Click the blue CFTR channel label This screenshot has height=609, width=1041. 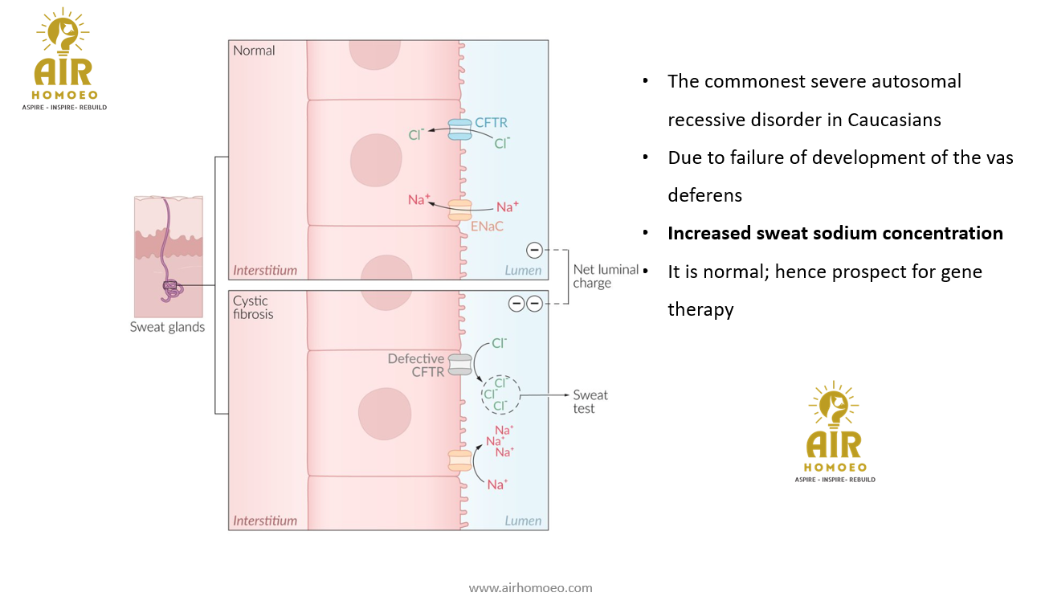(x=490, y=123)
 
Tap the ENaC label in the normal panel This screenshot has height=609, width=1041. (x=487, y=226)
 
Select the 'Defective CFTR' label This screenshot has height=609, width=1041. (x=416, y=365)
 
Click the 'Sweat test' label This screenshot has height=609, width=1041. (x=590, y=402)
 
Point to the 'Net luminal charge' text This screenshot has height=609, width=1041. (x=606, y=276)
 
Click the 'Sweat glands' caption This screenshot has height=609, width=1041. (x=167, y=327)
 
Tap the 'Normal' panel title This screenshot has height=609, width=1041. (x=254, y=51)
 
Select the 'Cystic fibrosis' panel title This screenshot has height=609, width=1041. (x=253, y=307)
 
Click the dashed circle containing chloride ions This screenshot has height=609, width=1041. (x=500, y=394)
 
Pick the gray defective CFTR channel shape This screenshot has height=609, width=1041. (x=459, y=364)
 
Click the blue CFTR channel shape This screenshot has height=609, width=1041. (x=459, y=129)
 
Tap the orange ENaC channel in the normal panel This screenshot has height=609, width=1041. (x=459, y=210)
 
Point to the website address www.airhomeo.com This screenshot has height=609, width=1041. (x=530, y=587)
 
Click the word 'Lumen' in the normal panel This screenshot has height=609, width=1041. (x=523, y=270)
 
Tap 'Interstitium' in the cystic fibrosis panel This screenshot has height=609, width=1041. (x=265, y=521)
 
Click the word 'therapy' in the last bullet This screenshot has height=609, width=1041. (x=700, y=309)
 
